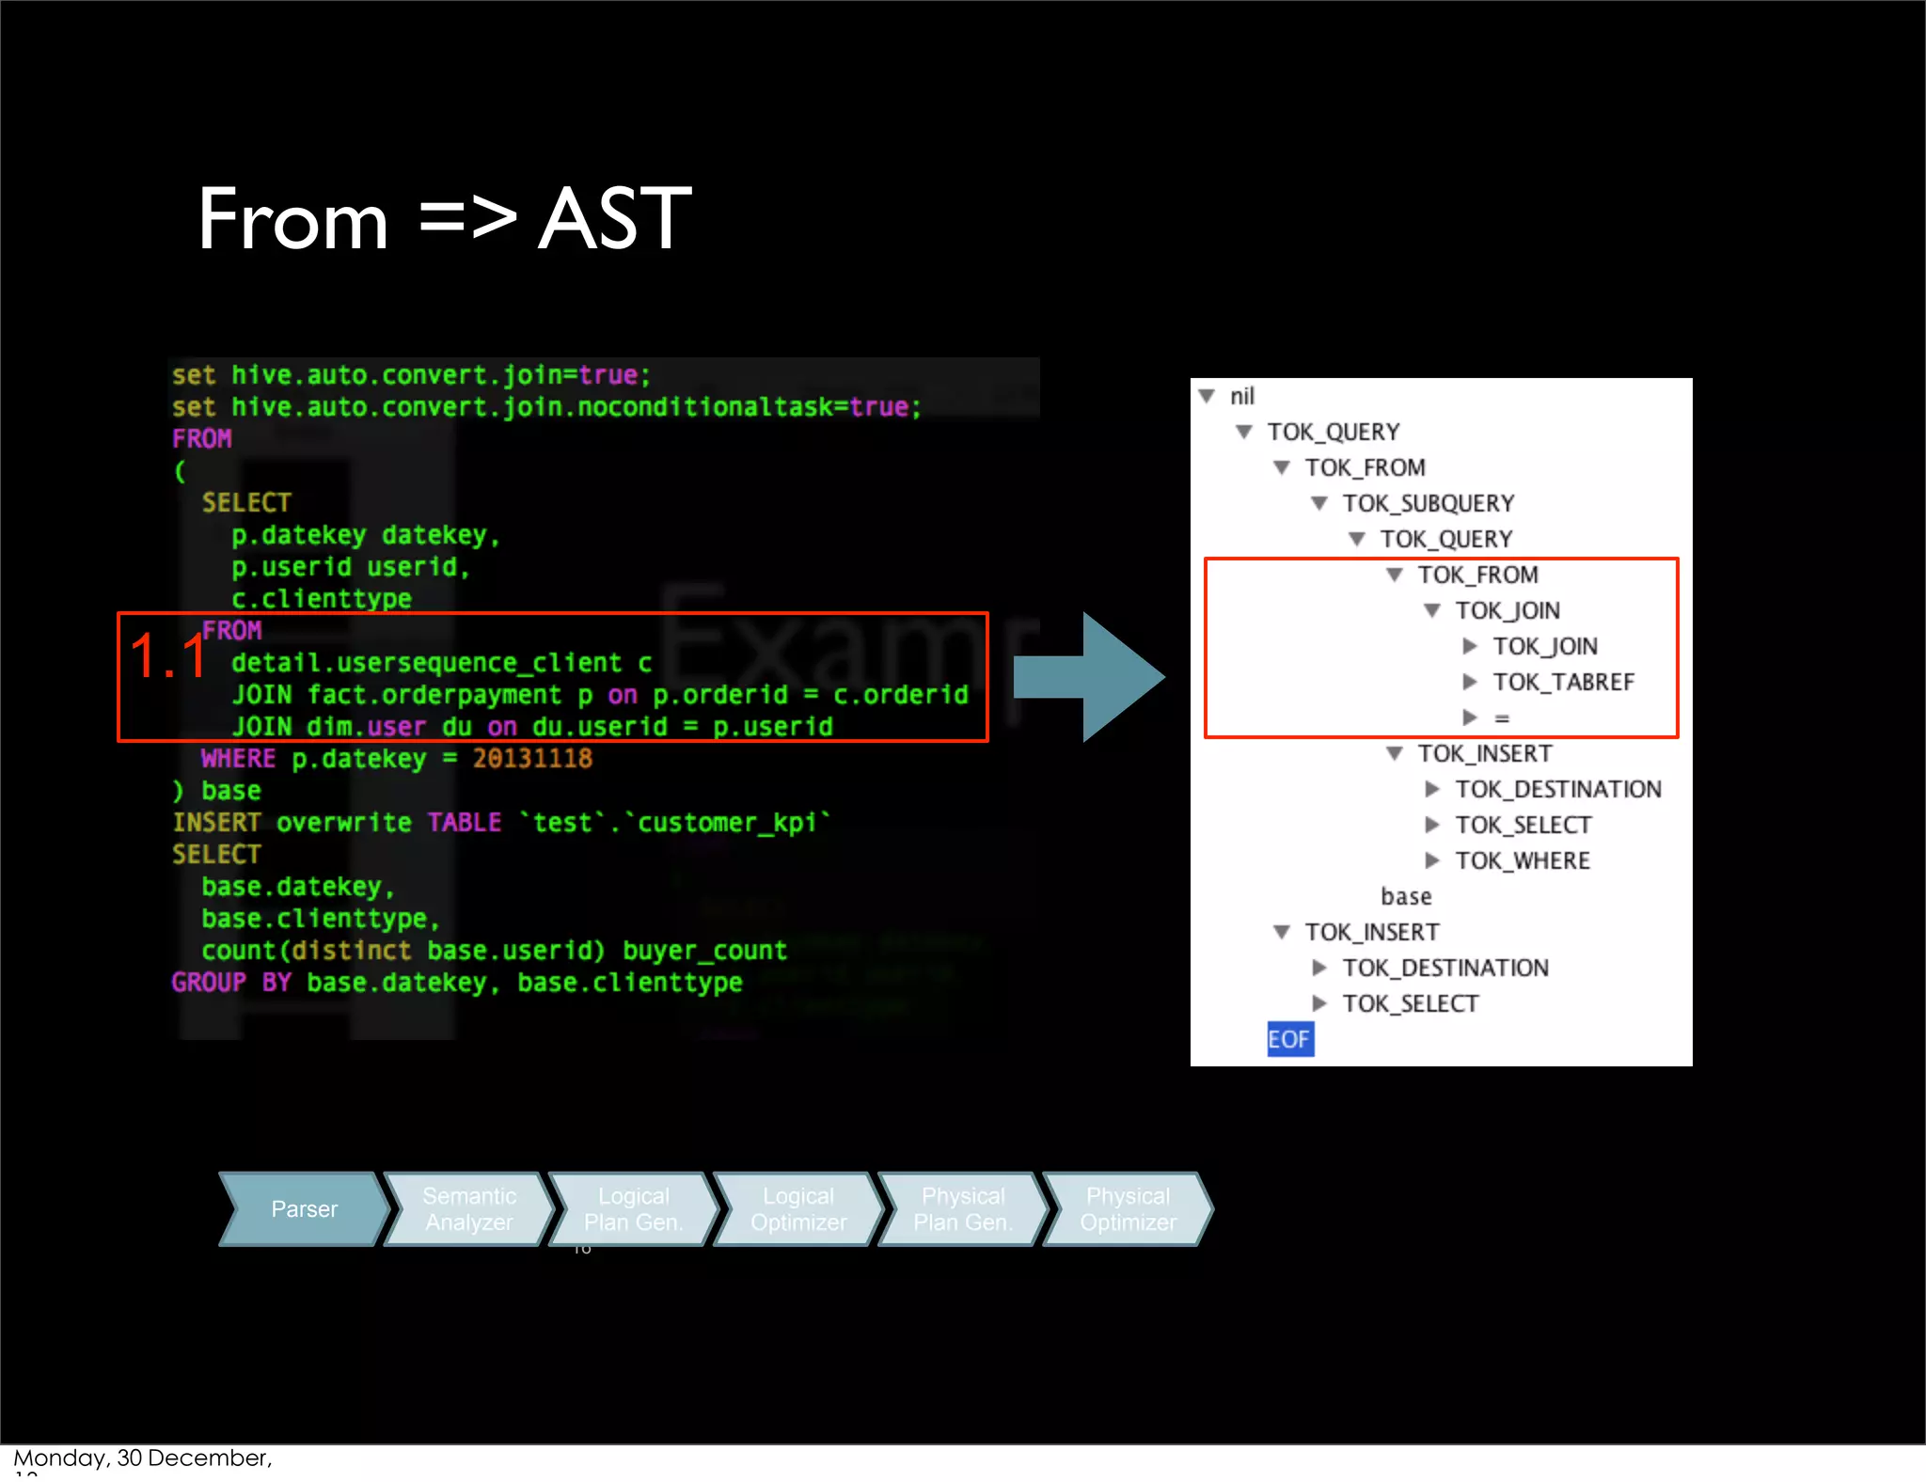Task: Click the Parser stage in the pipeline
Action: [304, 1209]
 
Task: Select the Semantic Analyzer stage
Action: [468, 1209]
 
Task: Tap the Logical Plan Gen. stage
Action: [633, 1209]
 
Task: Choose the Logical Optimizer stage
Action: [798, 1209]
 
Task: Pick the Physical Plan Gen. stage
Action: [963, 1209]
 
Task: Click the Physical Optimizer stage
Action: [1128, 1209]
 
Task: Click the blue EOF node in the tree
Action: [1288, 1039]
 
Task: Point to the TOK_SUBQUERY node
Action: [1428, 504]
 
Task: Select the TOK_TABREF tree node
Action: [1563, 683]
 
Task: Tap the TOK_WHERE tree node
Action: [1522, 861]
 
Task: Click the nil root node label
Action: [1241, 397]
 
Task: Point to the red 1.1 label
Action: [167, 656]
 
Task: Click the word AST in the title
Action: [615, 219]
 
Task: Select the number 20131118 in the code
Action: [532, 759]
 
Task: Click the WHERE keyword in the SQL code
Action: [238, 759]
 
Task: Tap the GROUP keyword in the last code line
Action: [209, 983]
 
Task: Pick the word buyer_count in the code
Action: [704, 951]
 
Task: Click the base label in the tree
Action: [1406, 897]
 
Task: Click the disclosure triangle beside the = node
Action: [1470, 718]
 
